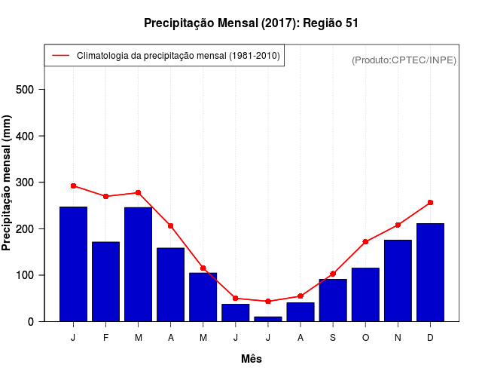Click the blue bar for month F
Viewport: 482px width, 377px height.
[x=105, y=281]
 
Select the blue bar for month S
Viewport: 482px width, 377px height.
[x=333, y=300]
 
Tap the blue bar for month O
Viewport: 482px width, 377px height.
[x=365, y=294]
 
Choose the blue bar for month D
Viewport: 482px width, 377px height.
[x=430, y=272]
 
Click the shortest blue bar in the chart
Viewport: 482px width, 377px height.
[x=268, y=319]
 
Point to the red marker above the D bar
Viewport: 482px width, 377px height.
[x=430, y=203]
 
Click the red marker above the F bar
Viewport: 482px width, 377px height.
[x=105, y=196]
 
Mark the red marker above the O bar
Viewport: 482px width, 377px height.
[x=365, y=242]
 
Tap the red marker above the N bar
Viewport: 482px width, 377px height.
[x=398, y=225]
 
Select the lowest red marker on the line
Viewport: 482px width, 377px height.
[x=268, y=302]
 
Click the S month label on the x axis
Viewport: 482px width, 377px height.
[x=333, y=338]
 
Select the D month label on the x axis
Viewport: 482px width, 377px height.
[x=430, y=338]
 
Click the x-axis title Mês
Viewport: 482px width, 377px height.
[x=252, y=359]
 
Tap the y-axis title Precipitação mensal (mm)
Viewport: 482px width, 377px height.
[x=8, y=182]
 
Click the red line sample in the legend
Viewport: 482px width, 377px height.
[x=60, y=56]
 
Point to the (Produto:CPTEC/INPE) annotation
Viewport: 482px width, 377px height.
[x=404, y=60]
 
